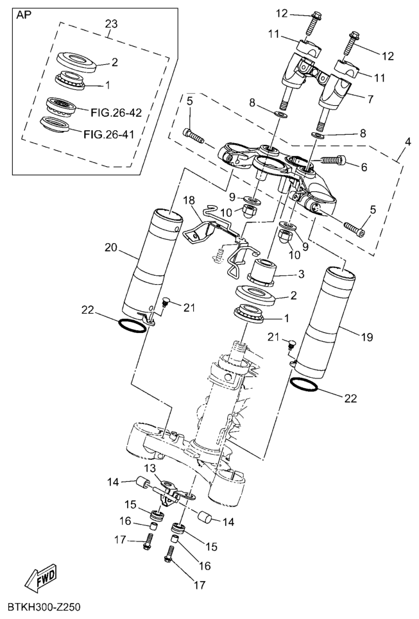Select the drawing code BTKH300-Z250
pos(44,606)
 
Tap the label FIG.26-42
pos(115,112)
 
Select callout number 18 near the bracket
pos(189,200)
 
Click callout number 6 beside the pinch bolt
pos(364,166)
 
